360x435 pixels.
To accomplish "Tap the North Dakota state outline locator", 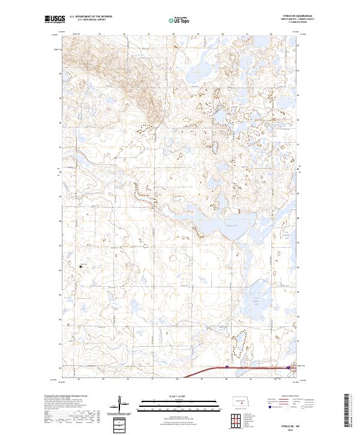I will (x=241, y=403).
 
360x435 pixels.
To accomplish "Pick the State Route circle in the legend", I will (x=304, y=407).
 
